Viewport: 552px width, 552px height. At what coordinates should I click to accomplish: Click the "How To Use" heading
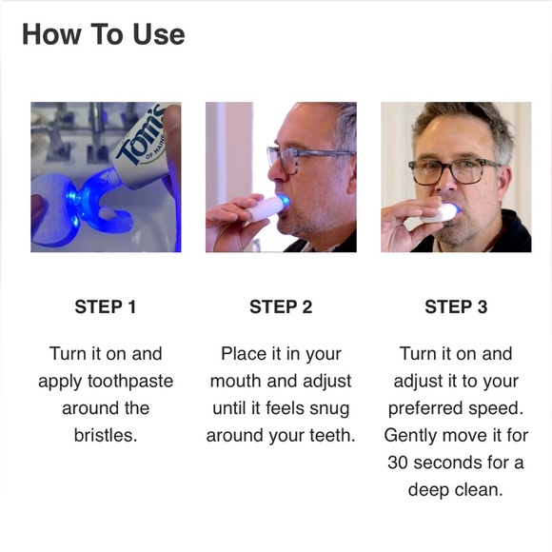(x=103, y=34)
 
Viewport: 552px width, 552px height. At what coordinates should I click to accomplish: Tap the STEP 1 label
(x=106, y=306)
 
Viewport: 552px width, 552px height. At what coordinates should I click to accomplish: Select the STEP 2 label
(x=281, y=306)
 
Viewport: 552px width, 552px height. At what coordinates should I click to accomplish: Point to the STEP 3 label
(x=456, y=306)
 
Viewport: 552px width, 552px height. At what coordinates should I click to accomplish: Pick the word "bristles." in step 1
(x=106, y=436)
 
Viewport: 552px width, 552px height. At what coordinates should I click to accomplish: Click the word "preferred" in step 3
(x=424, y=408)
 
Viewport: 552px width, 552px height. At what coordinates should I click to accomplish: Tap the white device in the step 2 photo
(x=266, y=208)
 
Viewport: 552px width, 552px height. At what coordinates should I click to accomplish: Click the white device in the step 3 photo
(x=440, y=213)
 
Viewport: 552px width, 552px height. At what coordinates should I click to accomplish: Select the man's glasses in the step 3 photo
(x=455, y=170)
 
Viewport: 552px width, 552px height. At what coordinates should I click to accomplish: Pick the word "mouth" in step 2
(x=235, y=382)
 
